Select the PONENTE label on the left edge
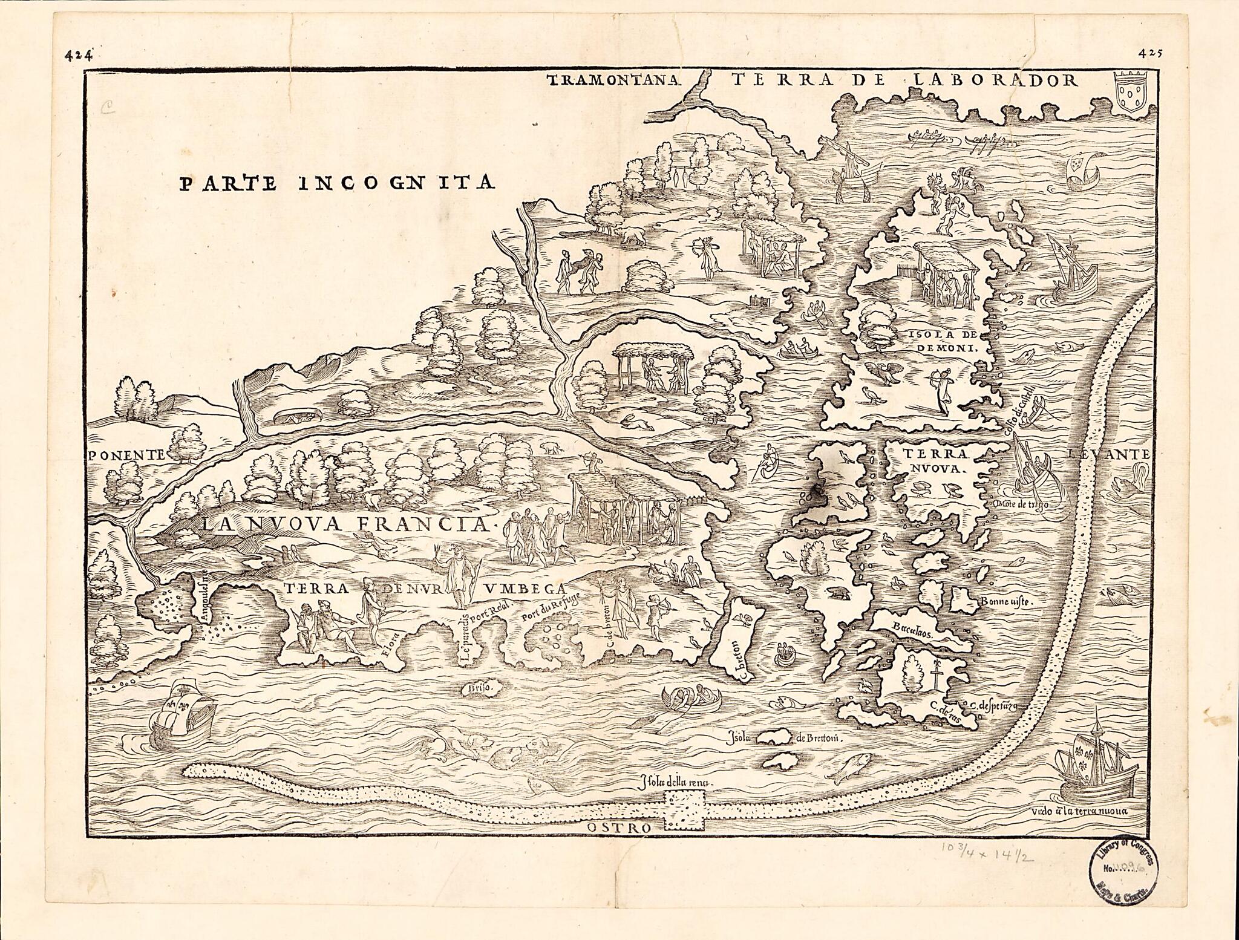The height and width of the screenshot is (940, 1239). pyautogui.click(x=126, y=455)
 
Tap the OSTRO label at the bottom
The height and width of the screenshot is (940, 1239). pyautogui.click(x=618, y=827)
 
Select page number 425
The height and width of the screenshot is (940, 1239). pyautogui.click(x=1149, y=53)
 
